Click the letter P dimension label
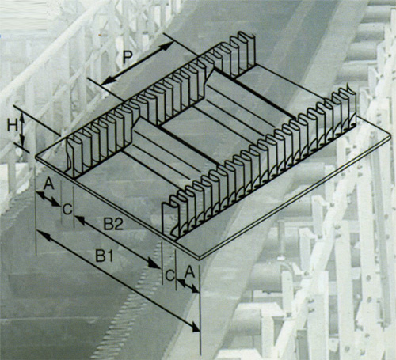pos(128,58)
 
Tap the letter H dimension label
pos(13,125)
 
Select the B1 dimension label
pos(105,256)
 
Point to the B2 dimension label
pos(113,224)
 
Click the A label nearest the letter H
pos(48,184)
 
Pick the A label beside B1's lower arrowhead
pos(189,271)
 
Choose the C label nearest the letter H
pos(67,210)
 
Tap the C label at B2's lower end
pos(170,275)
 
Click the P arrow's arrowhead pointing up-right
pos(167,46)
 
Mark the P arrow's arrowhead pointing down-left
pos(107,81)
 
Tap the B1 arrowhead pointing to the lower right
pos(196,327)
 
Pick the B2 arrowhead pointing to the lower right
pos(154,263)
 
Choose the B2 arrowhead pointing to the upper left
pos(80,220)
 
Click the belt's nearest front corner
pos(200,258)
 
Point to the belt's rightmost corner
pos(390,134)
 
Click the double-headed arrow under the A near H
pos(48,199)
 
